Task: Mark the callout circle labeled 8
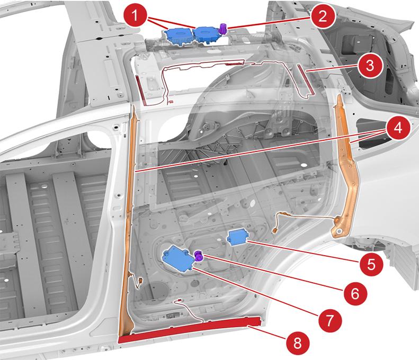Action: [x=298, y=343]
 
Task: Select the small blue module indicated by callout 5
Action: [x=236, y=238]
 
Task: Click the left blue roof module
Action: [x=180, y=35]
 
